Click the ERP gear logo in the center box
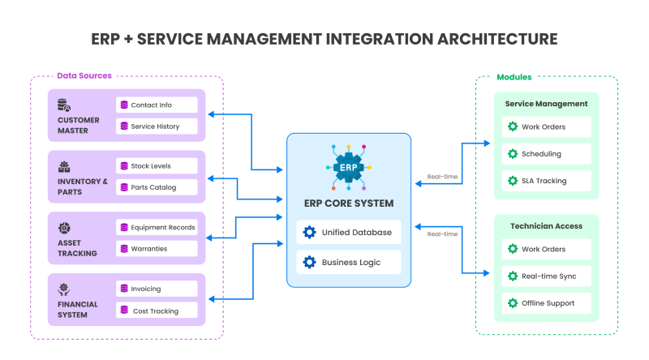[x=348, y=166]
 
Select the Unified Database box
[x=349, y=232]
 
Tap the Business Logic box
[x=349, y=262]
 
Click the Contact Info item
[x=157, y=105]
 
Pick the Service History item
[x=157, y=126]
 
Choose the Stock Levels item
[x=157, y=165]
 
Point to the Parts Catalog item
[x=157, y=187]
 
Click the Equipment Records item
[x=157, y=227]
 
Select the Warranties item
[x=157, y=248]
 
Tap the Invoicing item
[x=157, y=289]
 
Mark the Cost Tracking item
[x=157, y=311]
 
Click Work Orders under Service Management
[x=546, y=126]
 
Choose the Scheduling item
[x=546, y=153]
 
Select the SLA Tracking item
[x=546, y=181]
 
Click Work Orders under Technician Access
[x=546, y=249]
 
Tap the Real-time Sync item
[x=546, y=276]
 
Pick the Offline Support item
[x=546, y=303]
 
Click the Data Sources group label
[x=84, y=76]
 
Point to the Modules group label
[x=514, y=77]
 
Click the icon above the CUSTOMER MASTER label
[x=64, y=105]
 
